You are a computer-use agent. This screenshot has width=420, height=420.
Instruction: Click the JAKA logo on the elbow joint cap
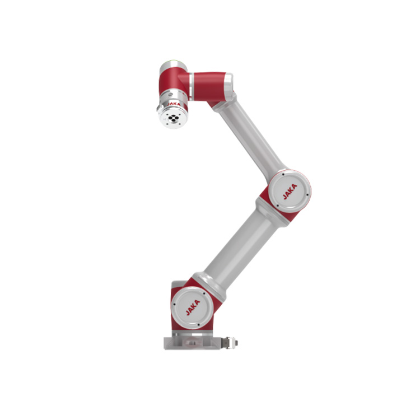click(x=290, y=192)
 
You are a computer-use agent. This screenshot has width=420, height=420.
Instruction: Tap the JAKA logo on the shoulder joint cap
click(x=193, y=307)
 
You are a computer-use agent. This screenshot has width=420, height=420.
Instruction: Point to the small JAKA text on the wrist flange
click(x=174, y=104)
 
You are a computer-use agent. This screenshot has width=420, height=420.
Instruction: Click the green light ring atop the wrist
click(x=174, y=63)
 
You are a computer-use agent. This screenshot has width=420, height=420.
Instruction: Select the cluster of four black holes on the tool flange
click(x=173, y=118)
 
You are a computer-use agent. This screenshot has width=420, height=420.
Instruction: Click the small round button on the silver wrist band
click(x=170, y=95)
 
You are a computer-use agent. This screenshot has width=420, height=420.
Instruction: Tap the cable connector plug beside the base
click(x=230, y=343)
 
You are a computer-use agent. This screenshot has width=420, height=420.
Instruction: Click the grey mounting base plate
click(x=192, y=343)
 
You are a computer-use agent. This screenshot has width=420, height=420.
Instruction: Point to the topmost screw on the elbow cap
click(x=283, y=174)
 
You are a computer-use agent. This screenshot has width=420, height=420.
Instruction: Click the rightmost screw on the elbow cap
click(x=307, y=195)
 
